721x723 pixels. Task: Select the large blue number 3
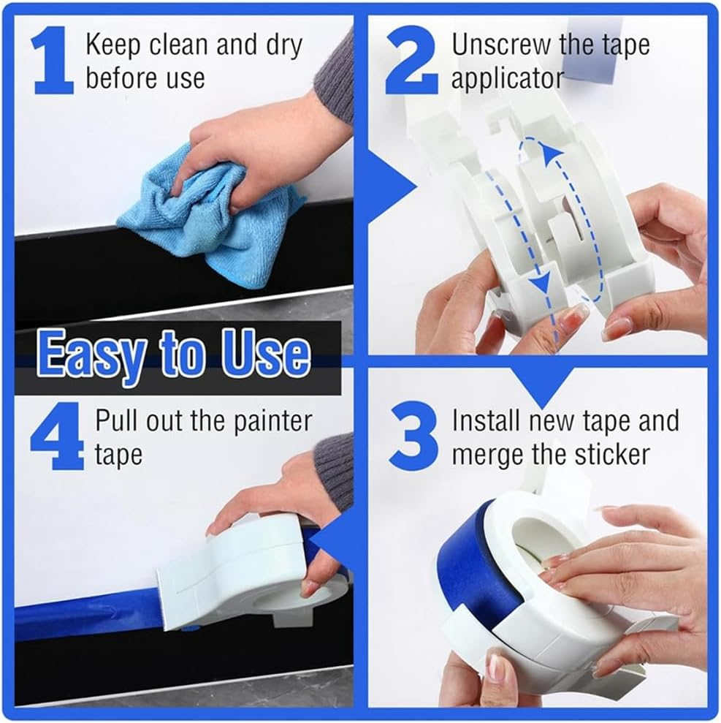click(x=413, y=439)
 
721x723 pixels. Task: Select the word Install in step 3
click(x=486, y=421)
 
